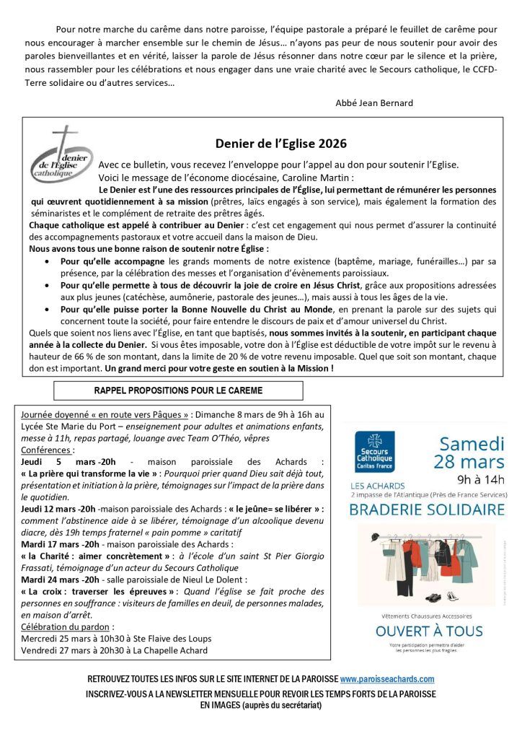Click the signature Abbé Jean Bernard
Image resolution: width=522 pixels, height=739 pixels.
pos(374,103)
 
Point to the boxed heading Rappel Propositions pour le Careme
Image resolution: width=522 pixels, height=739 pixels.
pos(178,390)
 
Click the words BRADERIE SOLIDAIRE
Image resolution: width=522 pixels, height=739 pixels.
pos(427,509)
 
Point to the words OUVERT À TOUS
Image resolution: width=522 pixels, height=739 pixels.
pos(429,631)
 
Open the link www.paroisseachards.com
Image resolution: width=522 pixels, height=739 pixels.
pos(387,679)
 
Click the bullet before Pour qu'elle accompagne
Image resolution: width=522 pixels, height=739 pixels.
pos(48,262)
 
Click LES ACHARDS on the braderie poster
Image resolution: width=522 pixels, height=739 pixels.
pos(378,485)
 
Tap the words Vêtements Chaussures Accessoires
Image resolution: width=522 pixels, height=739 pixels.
pos(429,616)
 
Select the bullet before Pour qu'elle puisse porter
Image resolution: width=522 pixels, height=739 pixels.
pos(48,309)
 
